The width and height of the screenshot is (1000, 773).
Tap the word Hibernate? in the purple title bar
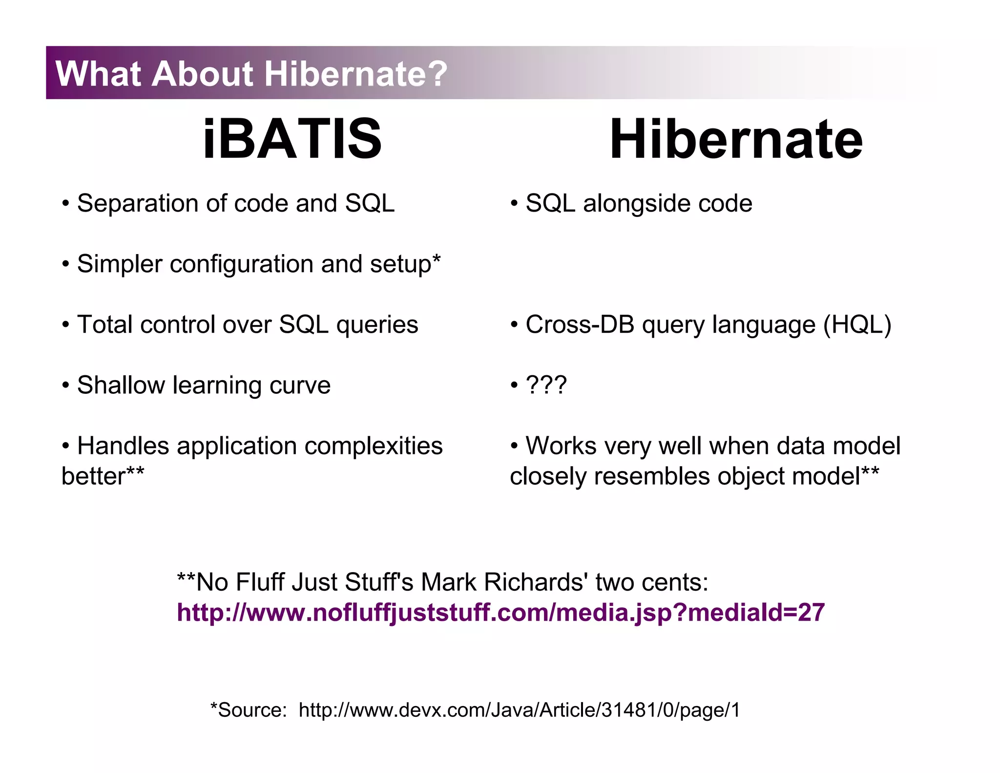pyautogui.click(x=355, y=74)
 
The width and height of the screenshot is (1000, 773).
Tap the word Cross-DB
pyautogui.click(x=580, y=325)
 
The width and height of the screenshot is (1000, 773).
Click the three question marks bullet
pyautogui.click(x=545, y=386)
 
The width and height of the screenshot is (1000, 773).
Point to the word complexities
pyautogui.click(x=374, y=446)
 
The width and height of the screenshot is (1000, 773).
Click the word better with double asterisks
pyautogui.click(x=102, y=476)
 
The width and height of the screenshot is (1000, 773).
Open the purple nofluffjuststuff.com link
pyautogui.click(x=500, y=613)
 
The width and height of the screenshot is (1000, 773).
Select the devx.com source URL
pyautogui.click(x=519, y=710)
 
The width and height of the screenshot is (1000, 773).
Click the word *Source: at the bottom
pyautogui.click(x=249, y=710)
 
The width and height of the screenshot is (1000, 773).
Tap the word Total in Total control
pyautogui.click(x=104, y=325)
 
